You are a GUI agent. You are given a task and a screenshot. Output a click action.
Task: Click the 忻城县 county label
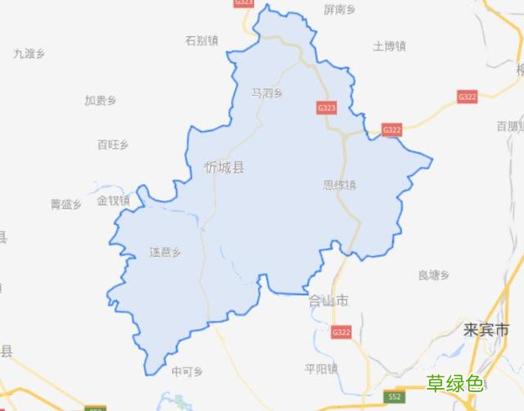pyautogui.click(x=224, y=168)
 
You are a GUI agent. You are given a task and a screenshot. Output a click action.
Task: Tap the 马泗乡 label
pyautogui.click(x=266, y=93)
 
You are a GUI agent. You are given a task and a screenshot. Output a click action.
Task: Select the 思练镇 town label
pyautogui.click(x=340, y=185)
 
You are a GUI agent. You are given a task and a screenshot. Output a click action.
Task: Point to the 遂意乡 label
pyautogui.click(x=165, y=251)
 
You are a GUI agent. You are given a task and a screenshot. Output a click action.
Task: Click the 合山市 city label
pyautogui.click(x=327, y=300)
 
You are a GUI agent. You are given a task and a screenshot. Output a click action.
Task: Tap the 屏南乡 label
pyautogui.click(x=340, y=10)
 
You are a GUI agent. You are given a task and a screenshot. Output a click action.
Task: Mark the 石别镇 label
pyautogui.click(x=201, y=39)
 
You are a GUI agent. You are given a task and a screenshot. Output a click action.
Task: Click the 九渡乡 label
pyautogui.click(x=29, y=53)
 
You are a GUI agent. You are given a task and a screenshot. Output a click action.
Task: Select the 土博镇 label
pyautogui.click(x=390, y=46)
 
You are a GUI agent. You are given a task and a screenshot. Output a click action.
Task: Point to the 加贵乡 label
pyautogui.click(x=100, y=101)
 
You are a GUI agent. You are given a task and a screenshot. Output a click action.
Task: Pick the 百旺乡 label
pyautogui.click(x=113, y=145)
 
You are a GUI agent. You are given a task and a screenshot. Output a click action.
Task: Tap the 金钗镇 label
pyautogui.click(x=113, y=201)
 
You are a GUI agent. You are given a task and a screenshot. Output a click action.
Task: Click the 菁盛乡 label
pyautogui.click(x=66, y=204)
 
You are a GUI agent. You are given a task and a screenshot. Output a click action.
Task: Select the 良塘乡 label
pyautogui.click(x=434, y=275)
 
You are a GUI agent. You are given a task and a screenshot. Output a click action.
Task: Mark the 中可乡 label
pyautogui.click(x=187, y=371)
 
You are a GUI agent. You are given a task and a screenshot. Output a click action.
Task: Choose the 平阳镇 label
pyautogui.click(x=321, y=368)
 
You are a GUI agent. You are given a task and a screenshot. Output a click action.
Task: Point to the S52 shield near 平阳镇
pyautogui.click(x=395, y=397)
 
